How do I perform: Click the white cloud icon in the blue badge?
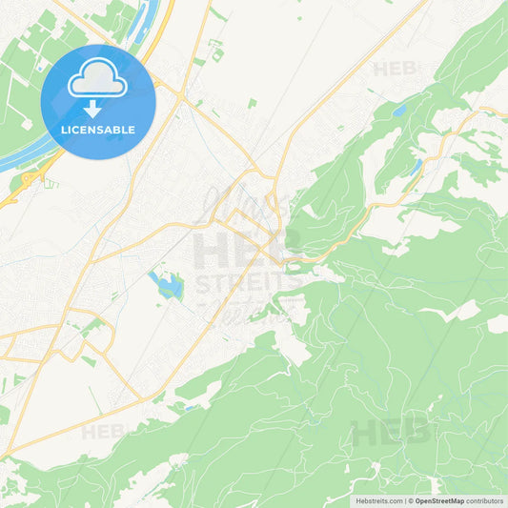[98, 77]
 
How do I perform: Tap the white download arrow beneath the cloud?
[92, 109]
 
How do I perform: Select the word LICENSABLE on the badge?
[98, 130]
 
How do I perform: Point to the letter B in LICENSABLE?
[116, 130]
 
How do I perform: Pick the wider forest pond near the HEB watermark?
[398, 112]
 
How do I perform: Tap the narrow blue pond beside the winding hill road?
[416, 169]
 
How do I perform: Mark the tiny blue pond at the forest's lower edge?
[190, 408]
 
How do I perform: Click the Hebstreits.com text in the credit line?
[377, 500]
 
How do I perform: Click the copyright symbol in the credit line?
[411, 500]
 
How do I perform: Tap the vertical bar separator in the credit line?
[404, 500]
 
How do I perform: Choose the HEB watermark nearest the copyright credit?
[390, 433]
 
